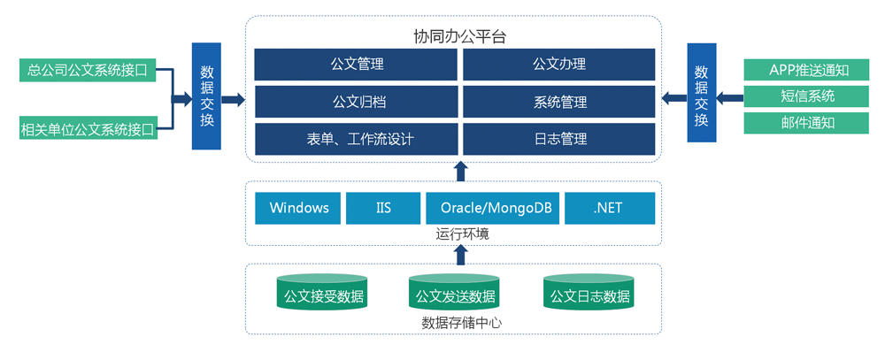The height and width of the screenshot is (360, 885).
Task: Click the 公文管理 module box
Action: pyautogui.click(x=356, y=65)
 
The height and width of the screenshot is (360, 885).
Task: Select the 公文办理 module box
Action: pyautogui.click(x=559, y=65)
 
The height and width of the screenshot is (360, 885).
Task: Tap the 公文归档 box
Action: pyautogui.click(x=356, y=102)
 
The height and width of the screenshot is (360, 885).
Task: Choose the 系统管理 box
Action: pyautogui.click(x=559, y=102)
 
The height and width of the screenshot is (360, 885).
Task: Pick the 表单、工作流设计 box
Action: pyautogui.click(x=356, y=139)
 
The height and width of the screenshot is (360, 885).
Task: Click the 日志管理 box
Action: pyautogui.click(x=559, y=139)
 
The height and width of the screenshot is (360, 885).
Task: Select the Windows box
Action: pyautogui.click(x=298, y=208)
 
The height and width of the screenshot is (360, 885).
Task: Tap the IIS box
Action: pyautogui.click(x=383, y=208)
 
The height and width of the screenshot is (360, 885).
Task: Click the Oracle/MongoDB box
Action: pyautogui.click(x=493, y=208)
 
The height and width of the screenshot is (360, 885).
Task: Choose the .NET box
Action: pyautogui.click(x=610, y=208)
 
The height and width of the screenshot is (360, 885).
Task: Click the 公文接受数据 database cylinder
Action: pyautogui.click(x=322, y=292)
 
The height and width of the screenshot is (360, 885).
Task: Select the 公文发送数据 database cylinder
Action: pyautogui.click(x=455, y=292)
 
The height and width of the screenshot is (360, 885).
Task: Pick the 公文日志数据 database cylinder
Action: pyautogui.click(x=589, y=292)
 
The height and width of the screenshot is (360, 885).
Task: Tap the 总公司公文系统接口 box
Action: pyautogui.click(x=87, y=70)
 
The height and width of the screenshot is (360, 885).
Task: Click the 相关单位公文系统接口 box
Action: pyautogui.click(x=87, y=127)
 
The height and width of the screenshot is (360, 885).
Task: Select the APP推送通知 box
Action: pyautogui.click(x=806, y=70)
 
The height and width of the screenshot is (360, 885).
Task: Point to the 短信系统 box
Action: pyautogui.click(x=806, y=96)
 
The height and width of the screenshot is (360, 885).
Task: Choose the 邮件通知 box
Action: pyautogui.click(x=806, y=123)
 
